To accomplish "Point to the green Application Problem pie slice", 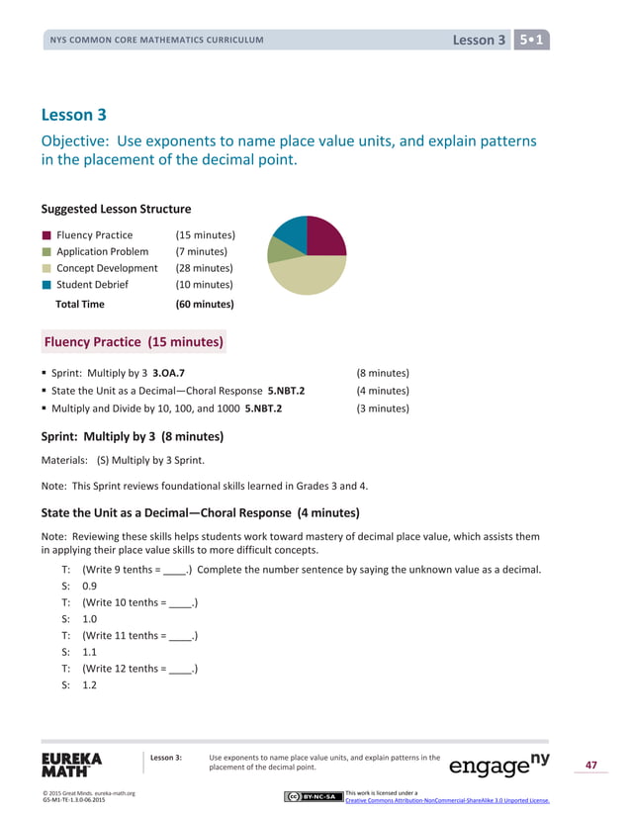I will (279, 250).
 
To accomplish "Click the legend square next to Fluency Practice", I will (46, 235).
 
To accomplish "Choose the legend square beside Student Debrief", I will (46, 285).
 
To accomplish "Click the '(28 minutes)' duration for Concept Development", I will (204, 268).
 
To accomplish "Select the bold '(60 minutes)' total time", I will (204, 305).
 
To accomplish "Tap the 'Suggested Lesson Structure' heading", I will (116, 209).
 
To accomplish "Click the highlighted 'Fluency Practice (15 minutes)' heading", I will (134, 343).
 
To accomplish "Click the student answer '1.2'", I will (89, 684).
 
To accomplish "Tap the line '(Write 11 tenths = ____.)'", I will (139, 635).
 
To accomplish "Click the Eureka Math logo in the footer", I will (71, 765).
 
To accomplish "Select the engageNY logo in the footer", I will (499, 765).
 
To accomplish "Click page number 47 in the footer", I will (591, 765).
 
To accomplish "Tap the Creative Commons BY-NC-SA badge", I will (313, 796).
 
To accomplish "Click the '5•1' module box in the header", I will (533, 40).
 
